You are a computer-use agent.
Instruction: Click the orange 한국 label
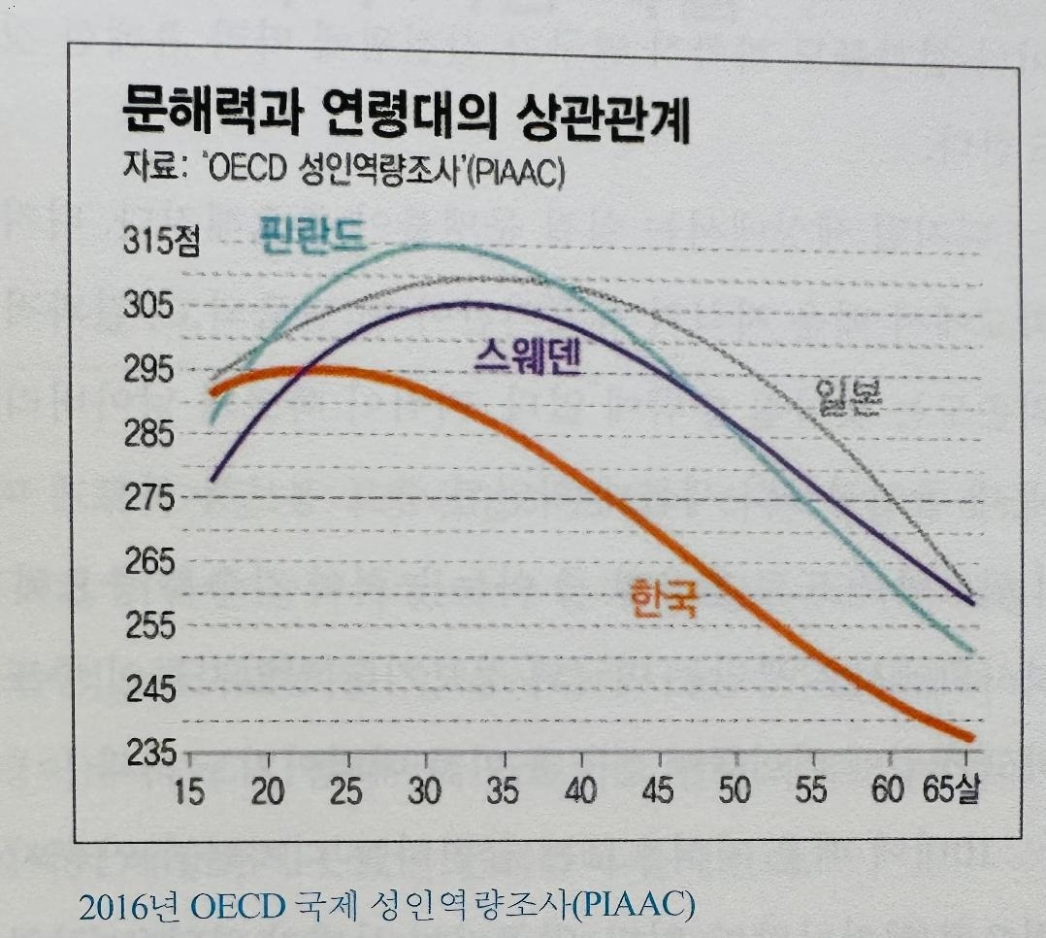(664, 598)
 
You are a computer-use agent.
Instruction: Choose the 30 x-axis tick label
(424, 790)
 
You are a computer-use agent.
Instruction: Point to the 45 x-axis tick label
(657, 790)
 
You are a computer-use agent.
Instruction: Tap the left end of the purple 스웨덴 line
(212, 479)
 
